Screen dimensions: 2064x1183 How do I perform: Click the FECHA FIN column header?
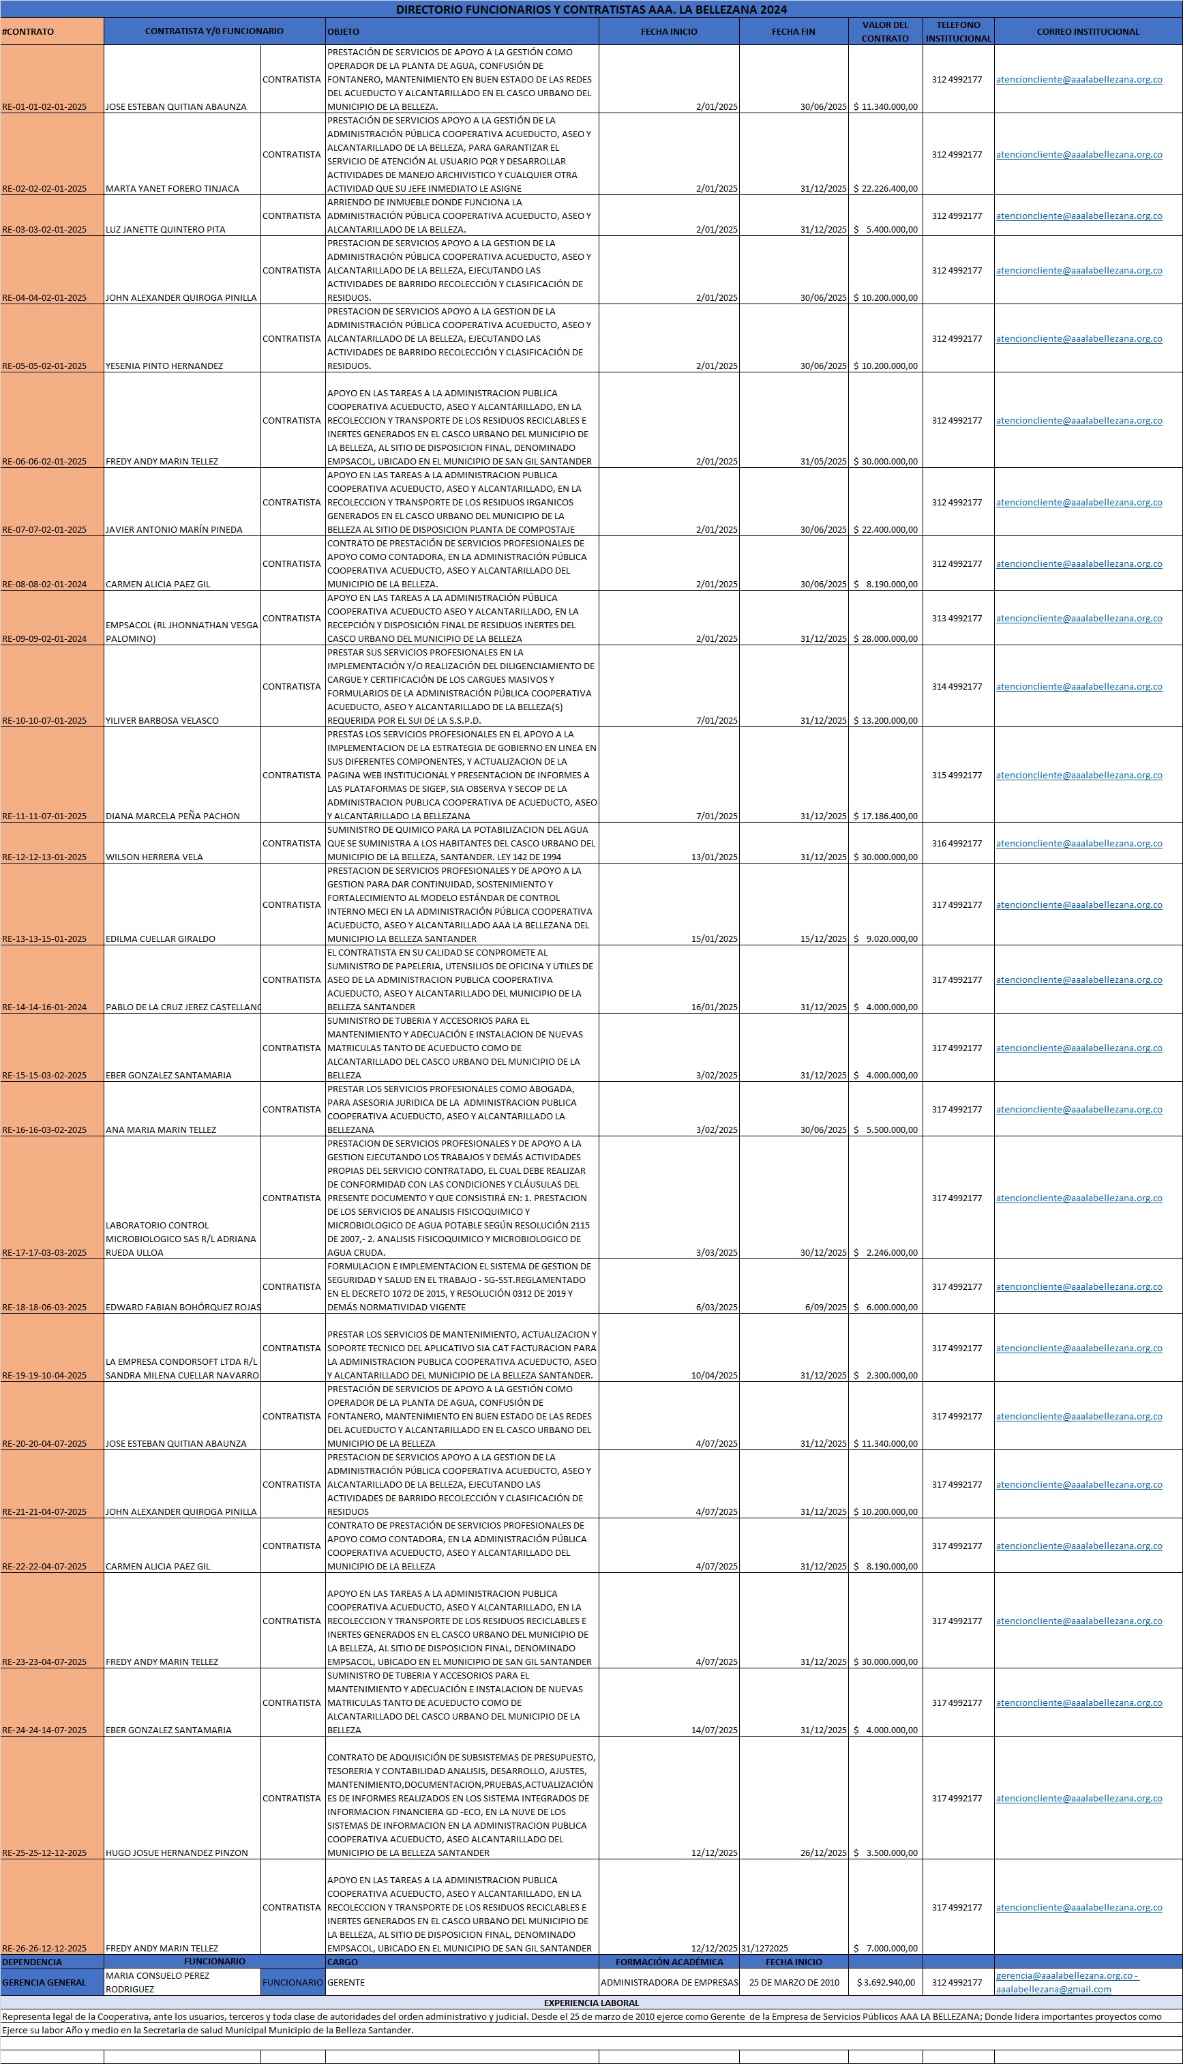[793, 31]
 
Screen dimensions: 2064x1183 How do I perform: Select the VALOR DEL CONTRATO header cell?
[885, 31]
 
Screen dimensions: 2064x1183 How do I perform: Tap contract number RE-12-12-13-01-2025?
[45, 857]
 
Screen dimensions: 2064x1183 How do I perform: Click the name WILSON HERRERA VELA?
[154, 857]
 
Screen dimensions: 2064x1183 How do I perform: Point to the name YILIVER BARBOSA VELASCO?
[162, 720]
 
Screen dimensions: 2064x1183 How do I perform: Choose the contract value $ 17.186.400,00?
[886, 816]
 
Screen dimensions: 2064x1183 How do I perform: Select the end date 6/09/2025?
[826, 1307]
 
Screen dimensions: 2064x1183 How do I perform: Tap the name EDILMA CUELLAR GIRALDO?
[161, 939]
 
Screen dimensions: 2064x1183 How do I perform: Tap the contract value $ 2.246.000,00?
[886, 1252]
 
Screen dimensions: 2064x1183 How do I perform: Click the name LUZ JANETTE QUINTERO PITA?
[166, 229]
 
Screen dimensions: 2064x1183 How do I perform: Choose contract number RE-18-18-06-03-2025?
[45, 1307]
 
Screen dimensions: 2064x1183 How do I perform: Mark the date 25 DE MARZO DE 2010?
[794, 1982]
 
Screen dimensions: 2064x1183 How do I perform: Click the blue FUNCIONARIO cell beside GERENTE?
[293, 1982]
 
